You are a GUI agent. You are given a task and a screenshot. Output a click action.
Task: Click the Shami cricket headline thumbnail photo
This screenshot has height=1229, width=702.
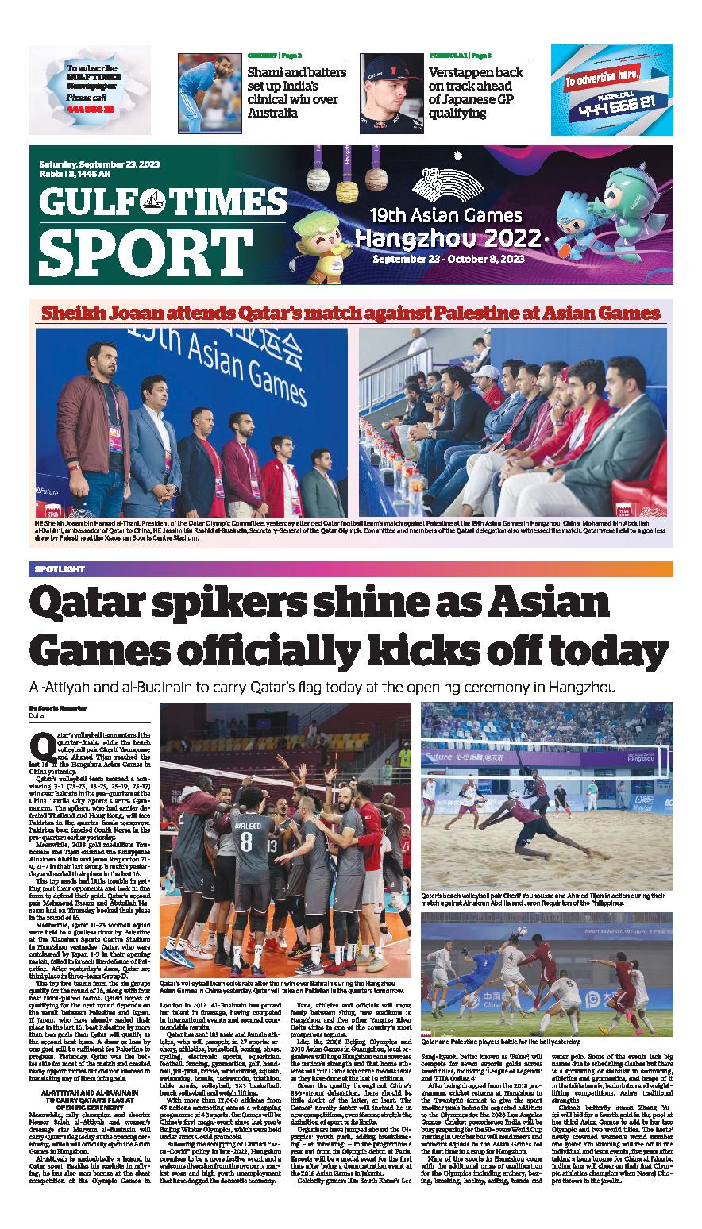pyautogui.click(x=209, y=86)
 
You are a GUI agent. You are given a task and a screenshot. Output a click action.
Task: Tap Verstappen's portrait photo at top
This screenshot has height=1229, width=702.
pyautogui.click(x=391, y=86)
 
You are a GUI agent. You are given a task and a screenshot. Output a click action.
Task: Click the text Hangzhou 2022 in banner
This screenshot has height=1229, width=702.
pyautogui.click(x=448, y=237)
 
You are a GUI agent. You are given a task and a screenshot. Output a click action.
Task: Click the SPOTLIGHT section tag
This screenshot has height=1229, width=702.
pyautogui.click(x=59, y=569)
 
